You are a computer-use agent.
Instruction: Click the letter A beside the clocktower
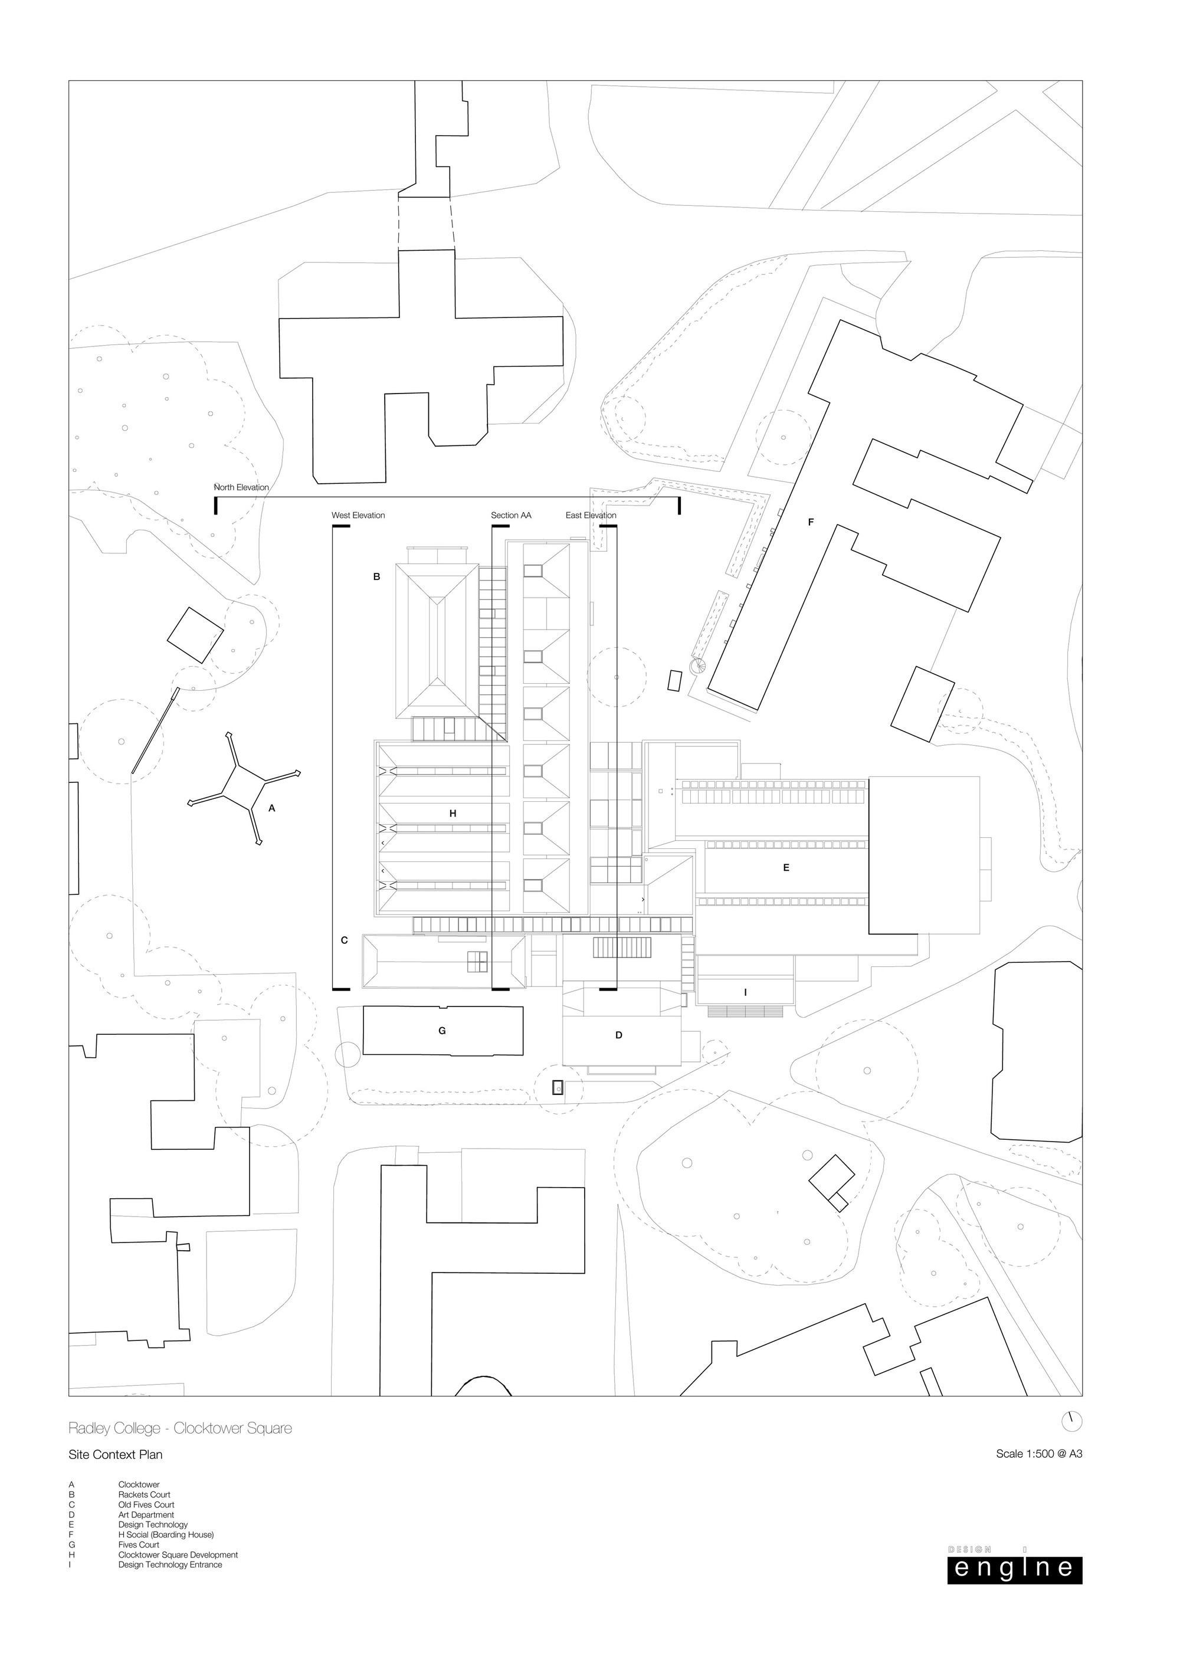pyautogui.click(x=272, y=808)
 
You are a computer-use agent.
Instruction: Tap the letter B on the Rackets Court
pyautogui.click(x=376, y=576)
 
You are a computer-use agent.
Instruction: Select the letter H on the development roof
pyautogui.click(x=453, y=814)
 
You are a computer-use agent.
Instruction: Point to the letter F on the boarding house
pyautogui.click(x=811, y=522)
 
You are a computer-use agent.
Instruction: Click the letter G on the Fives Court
pyautogui.click(x=442, y=1031)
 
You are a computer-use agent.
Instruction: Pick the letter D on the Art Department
pyautogui.click(x=619, y=1035)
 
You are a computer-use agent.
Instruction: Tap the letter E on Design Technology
pyautogui.click(x=786, y=867)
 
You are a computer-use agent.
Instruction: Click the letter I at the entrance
pyautogui.click(x=745, y=992)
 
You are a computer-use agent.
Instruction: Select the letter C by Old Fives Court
pyautogui.click(x=345, y=940)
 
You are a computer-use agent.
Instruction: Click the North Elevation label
pyautogui.click(x=241, y=487)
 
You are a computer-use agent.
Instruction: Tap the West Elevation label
pyautogui.click(x=359, y=516)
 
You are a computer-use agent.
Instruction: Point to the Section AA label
pyautogui.click(x=511, y=516)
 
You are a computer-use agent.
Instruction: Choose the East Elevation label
pyautogui.click(x=591, y=516)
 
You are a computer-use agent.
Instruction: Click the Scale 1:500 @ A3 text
pyautogui.click(x=1039, y=1455)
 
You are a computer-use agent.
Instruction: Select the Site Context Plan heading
pyautogui.click(x=116, y=1455)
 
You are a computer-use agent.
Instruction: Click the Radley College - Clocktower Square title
pyautogui.click(x=181, y=1428)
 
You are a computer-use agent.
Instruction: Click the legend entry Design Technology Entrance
pyautogui.click(x=170, y=1565)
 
